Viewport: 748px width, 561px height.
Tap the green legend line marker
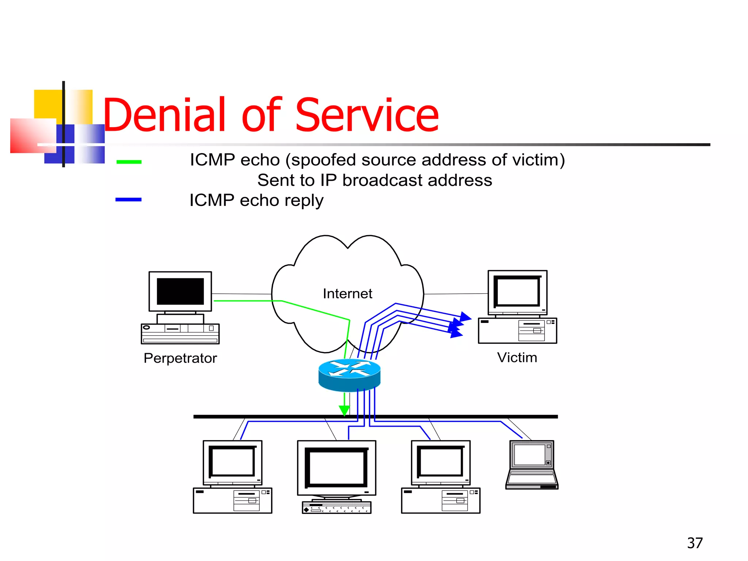tap(129, 162)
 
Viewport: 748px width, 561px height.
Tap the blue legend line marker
tap(128, 199)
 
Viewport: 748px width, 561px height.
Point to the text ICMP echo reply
tap(256, 201)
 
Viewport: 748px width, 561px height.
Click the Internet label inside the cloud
tap(347, 294)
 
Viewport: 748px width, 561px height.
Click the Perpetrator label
tap(180, 358)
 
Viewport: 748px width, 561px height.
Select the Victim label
tap(517, 357)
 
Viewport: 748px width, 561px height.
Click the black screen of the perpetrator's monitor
tap(180, 291)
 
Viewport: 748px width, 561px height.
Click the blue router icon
tap(349, 374)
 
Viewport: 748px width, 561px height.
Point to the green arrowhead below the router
tap(344, 411)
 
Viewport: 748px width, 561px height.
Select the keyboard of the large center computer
tap(336, 508)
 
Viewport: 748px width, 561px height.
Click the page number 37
tap(694, 543)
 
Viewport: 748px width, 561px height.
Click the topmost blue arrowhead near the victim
tap(465, 316)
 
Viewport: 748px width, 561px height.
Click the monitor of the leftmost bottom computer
tap(233, 462)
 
